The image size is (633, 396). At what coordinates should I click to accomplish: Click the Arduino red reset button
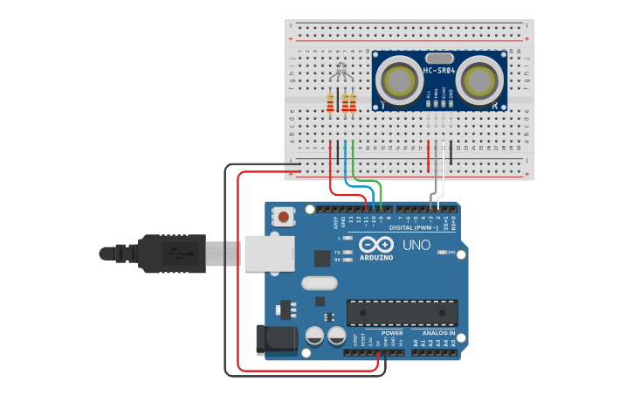284,215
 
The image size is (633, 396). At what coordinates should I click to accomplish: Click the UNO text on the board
416,245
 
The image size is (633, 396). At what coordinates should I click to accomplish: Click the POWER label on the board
392,333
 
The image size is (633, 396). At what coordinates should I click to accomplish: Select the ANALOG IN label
438,333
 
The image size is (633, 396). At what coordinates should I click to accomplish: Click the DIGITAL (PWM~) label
415,227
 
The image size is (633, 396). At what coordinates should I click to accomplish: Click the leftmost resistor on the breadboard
330,104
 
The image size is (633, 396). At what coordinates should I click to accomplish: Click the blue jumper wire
358,186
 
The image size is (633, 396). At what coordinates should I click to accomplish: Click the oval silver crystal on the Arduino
319,283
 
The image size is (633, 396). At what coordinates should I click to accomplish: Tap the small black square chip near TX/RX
322,258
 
